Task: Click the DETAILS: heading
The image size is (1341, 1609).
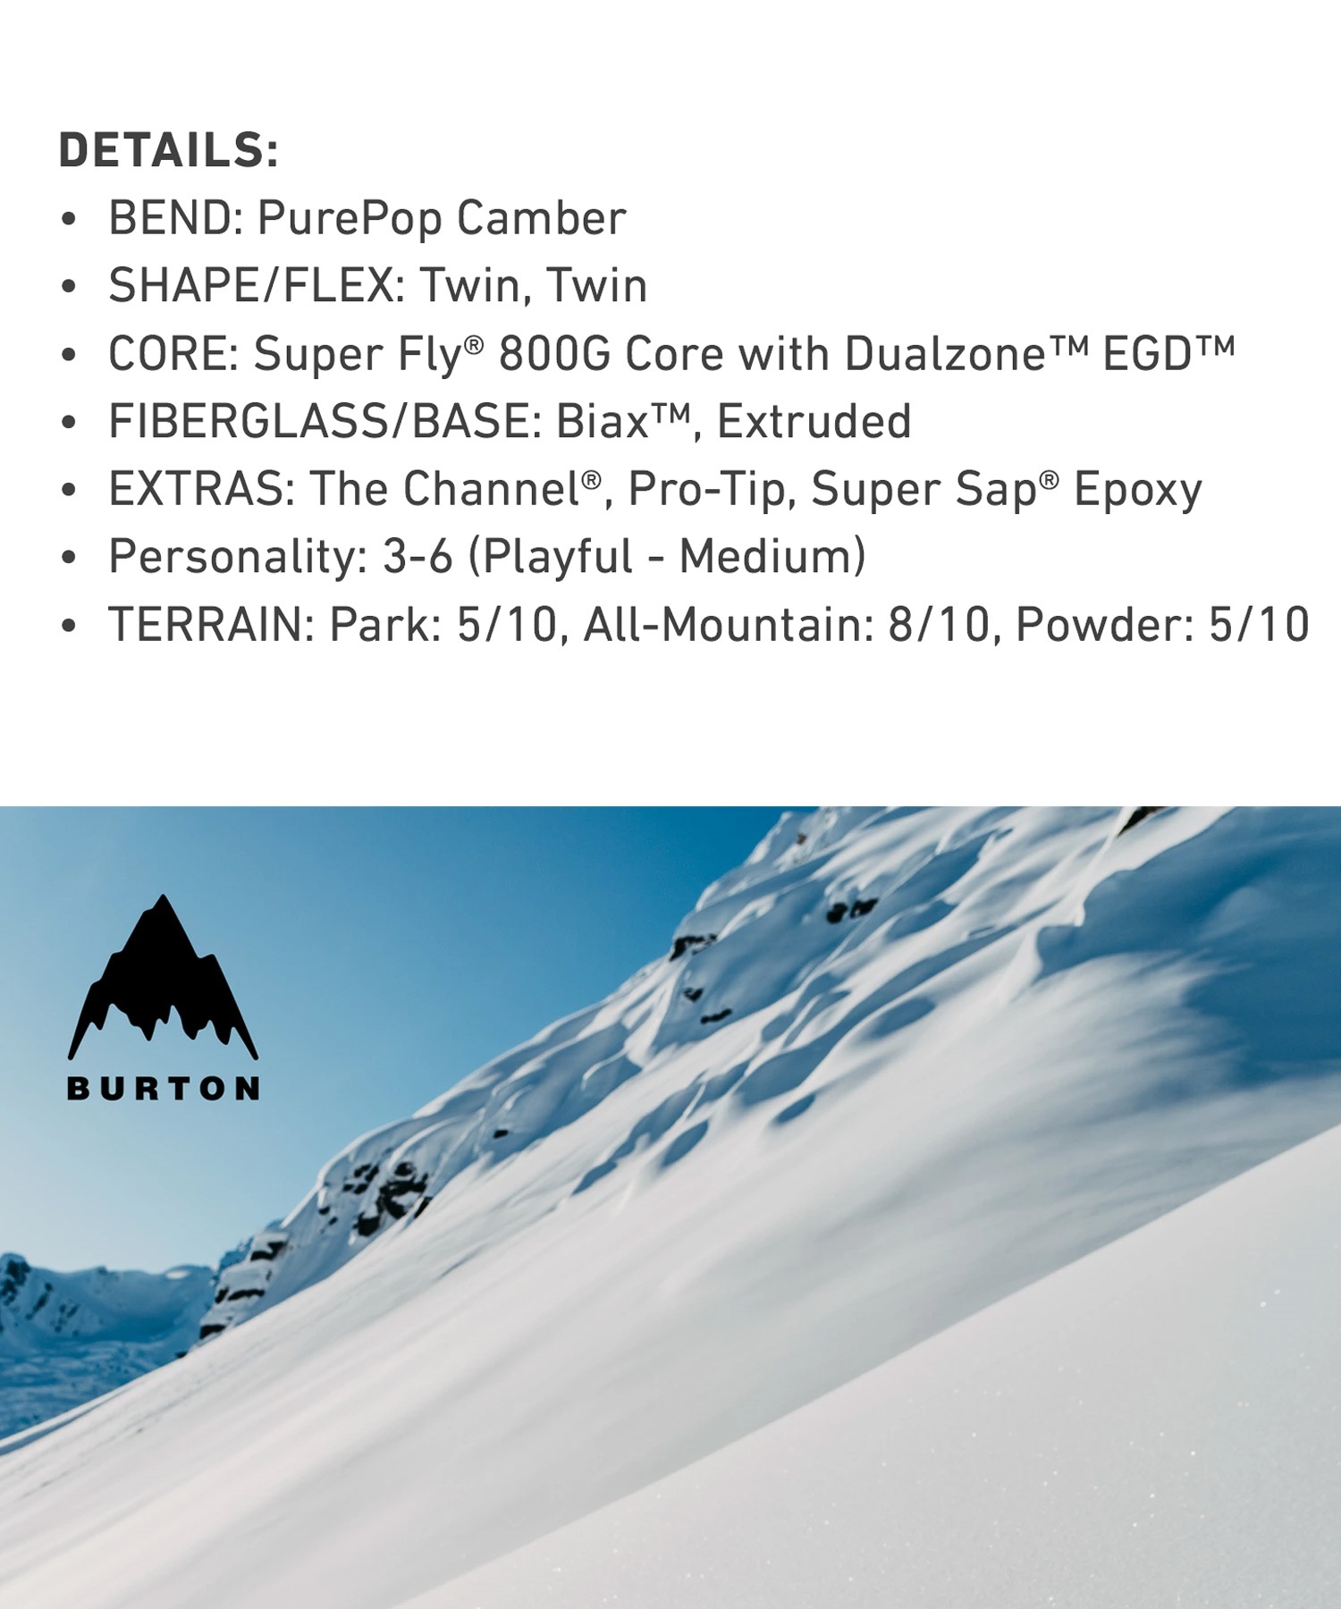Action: click(169, 150)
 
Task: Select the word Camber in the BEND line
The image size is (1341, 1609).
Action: click(542, 218)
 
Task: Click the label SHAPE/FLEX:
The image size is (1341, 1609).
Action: click(257, 286)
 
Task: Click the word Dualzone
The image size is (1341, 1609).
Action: click(945, 354)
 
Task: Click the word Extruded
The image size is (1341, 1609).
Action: click(814, 422)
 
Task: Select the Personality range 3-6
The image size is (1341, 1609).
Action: click(417, 557)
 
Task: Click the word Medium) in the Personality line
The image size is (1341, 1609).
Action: click(772, 557)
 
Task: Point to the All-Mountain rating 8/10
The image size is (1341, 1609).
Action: click(940, 625)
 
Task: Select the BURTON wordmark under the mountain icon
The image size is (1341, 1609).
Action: click(164, 1089)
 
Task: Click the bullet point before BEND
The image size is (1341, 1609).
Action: click(69, 220)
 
